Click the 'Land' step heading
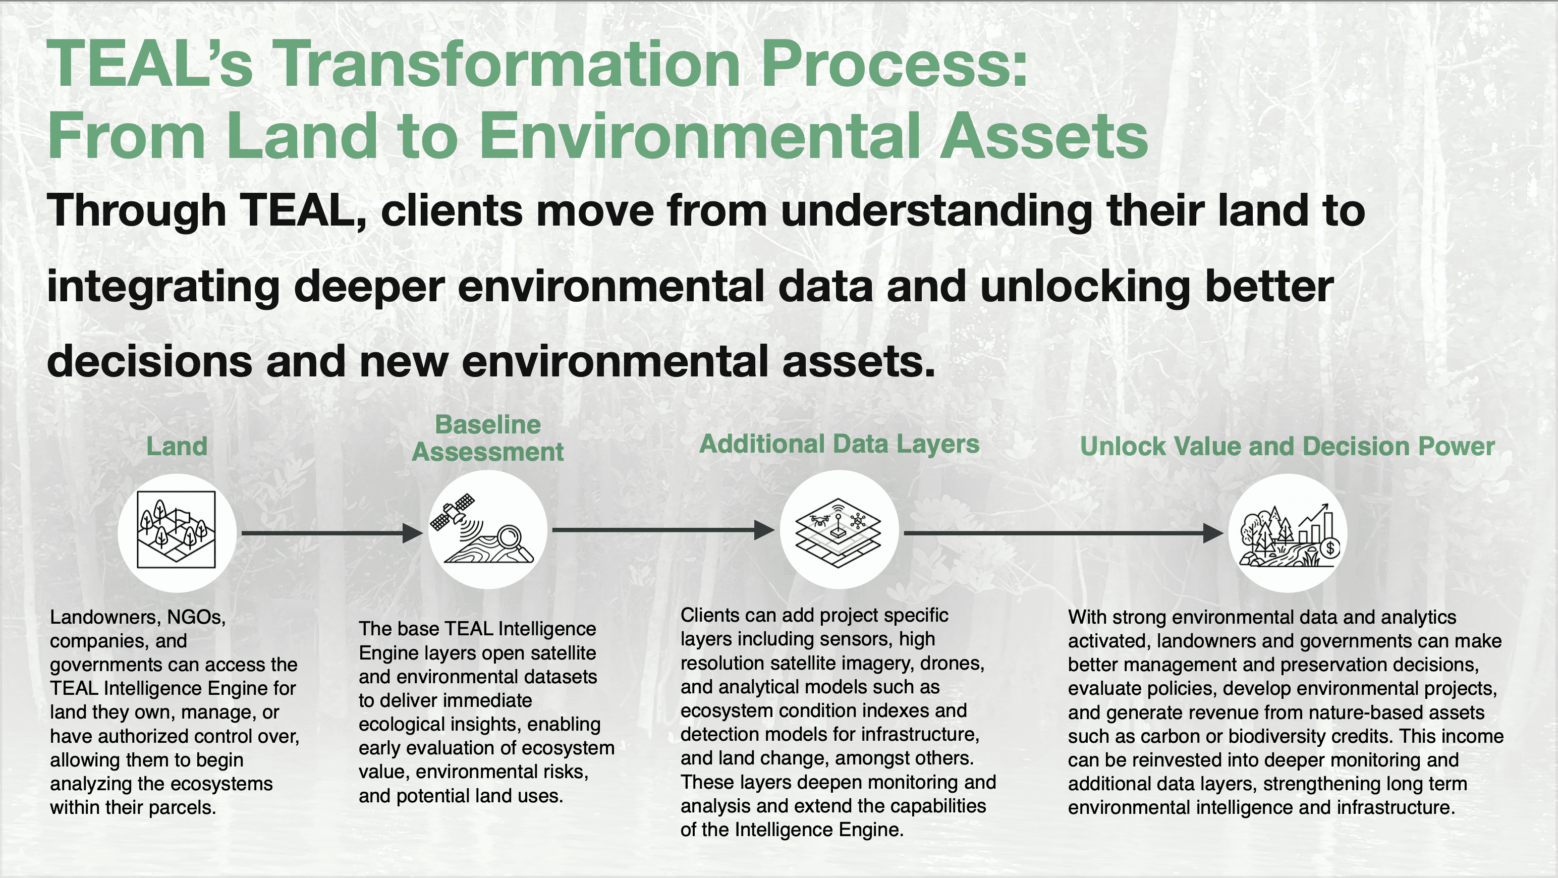pos(177,446)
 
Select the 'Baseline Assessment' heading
pos(488,438)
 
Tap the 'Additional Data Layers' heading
pos(839,445)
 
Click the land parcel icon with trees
pos(176,530)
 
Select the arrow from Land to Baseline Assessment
pos(332,533)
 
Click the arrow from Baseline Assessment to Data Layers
pos(663,530)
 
